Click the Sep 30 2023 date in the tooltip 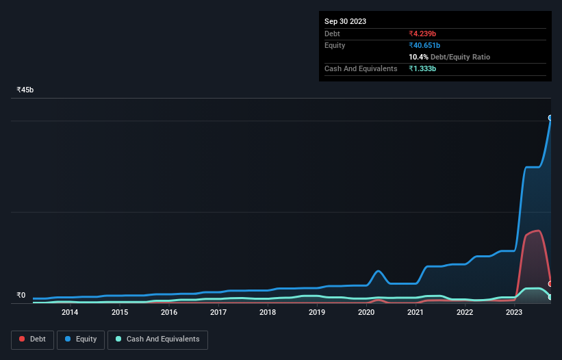[x=346, y=21]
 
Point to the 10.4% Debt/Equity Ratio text [x=449, y=57]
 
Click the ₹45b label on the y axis [x=25, y=90]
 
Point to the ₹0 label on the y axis [x=21, y=296]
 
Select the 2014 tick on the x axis [x=69, y=313]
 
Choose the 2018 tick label [x=268, y=313]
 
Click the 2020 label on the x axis [x=366, y=313]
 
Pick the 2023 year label [x=514, y=313]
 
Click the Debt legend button [x=32, y=339]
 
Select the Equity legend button [x=81, y=339]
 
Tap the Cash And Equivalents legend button [x=157, y=339]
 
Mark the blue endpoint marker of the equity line [x=550, y=118]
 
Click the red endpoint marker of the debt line [x=550, y=283]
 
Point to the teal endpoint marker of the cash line [x=550, y=297]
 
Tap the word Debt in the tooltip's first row [x=332, y=34]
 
